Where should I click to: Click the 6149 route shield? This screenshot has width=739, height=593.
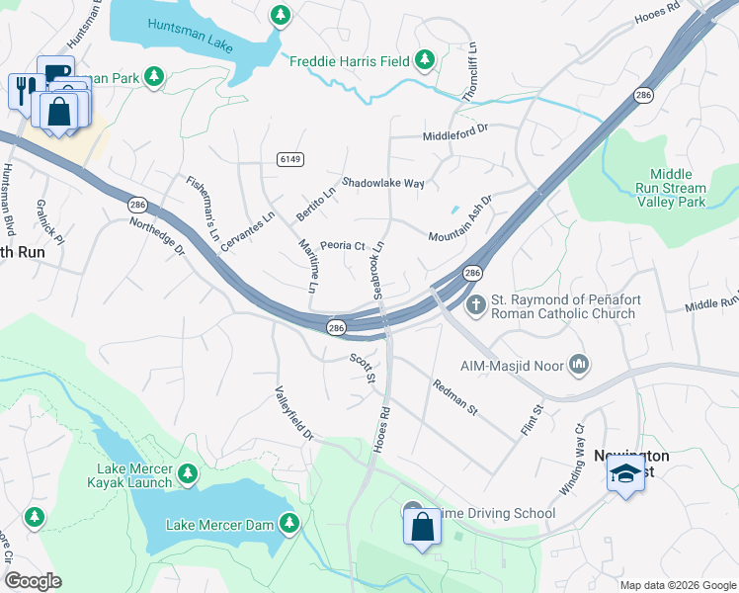[288, 159]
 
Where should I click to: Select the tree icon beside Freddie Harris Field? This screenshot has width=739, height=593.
[426, 60]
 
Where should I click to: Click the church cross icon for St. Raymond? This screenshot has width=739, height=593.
[475, 304]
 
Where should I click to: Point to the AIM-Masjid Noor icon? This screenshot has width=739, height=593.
[580, 366]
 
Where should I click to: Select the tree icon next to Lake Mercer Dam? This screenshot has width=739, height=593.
[289, 523]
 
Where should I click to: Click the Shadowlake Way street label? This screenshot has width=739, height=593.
[383, 184]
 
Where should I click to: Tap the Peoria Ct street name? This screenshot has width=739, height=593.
[342, 246]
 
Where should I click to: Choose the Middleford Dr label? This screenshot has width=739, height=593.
[455, 132]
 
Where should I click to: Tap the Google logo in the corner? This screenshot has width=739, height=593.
[33, 581]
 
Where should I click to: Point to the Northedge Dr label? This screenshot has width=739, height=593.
[157, 236]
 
